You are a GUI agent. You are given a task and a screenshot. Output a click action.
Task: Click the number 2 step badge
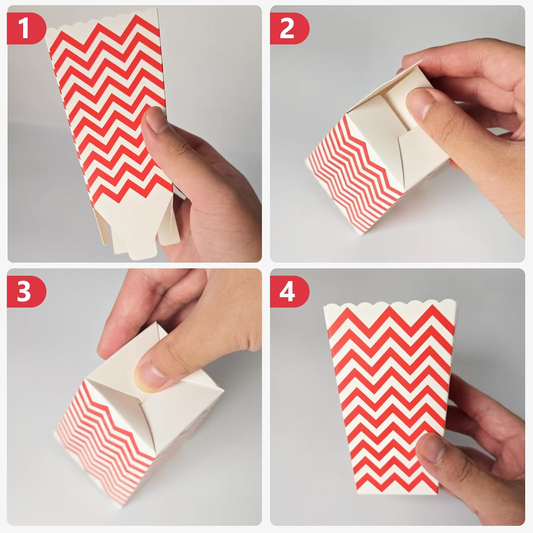click(289, 28)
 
